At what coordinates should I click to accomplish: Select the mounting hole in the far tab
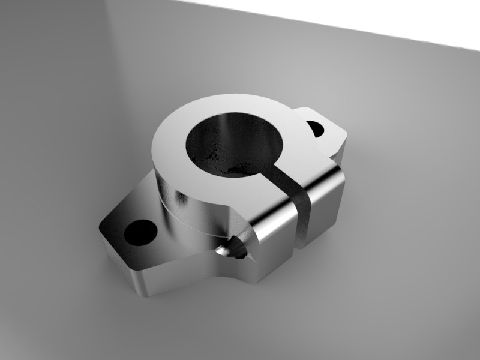click(x=316, y=128)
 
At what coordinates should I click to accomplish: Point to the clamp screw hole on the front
click(x=236, y=247)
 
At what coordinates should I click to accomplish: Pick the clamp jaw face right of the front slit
click(x=324, y=204)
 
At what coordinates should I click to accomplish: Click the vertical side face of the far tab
click(x=340, y=153)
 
